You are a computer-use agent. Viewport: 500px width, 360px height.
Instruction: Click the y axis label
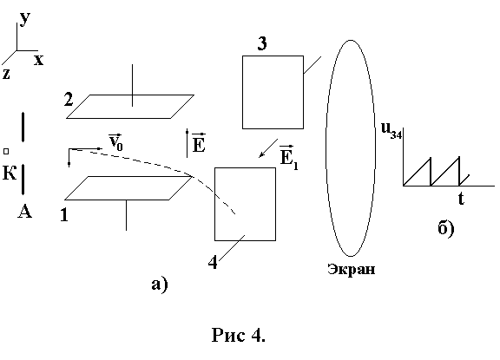tap(25, 19)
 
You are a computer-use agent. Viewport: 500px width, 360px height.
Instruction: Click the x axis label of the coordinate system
tap(38, 60)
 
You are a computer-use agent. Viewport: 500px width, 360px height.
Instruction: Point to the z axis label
tap(6, 74)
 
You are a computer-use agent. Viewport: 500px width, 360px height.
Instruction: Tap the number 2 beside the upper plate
tap(69, 99)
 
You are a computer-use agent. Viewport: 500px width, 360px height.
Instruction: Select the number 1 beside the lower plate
tap(64, 215)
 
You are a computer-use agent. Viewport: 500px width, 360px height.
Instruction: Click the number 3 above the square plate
tap(262, 43)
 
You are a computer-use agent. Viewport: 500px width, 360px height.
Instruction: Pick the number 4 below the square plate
tap(213, 263)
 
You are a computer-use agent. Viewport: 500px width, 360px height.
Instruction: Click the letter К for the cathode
tap(10, 173)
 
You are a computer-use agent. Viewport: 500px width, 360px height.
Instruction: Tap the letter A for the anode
tap(24, 211)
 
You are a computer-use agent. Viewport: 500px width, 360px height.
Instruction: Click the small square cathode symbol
tap(6, 151)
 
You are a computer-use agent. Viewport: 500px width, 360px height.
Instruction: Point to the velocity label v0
tap(115, 141)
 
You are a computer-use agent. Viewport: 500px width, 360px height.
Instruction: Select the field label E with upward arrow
tap(199, 143)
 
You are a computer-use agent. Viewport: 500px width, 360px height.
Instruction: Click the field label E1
tap(289, 157)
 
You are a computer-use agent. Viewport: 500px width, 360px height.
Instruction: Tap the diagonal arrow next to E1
tap(268, 147)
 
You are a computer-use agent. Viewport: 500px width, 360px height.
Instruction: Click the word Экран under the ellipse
tap(351, 270)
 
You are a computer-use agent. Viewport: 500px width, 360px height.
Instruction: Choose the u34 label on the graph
tap(391, 131)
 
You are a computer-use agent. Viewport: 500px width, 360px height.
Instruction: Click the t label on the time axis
tap(461, 198)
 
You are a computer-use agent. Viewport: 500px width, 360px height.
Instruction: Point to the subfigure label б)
tap(446, 227)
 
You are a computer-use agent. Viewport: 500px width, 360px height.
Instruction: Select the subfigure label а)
tap(160, 284)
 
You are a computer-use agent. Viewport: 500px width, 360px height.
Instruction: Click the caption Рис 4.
tap(238, 335)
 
